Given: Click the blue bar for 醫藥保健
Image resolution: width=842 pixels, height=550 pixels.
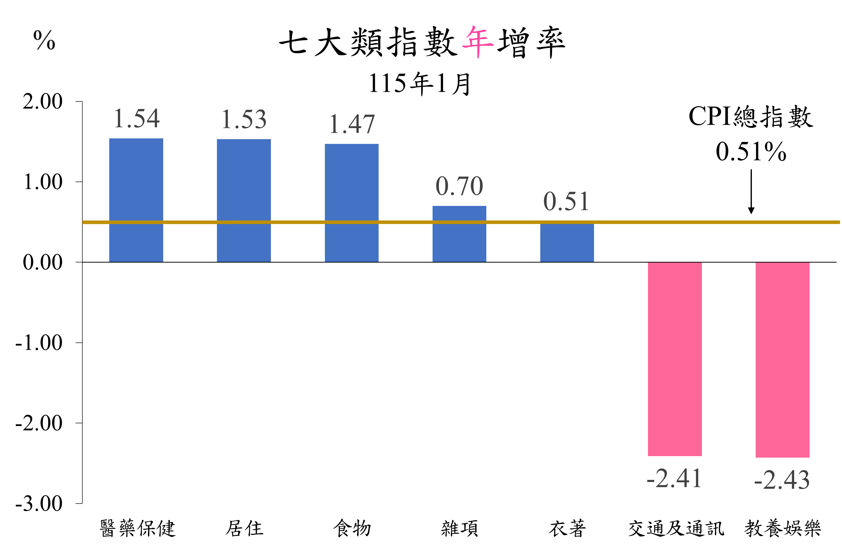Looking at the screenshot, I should coord(136,200).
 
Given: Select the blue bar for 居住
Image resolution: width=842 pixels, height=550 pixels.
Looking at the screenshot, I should coord(244,201).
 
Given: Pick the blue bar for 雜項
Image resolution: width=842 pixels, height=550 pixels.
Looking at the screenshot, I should coord(459,234).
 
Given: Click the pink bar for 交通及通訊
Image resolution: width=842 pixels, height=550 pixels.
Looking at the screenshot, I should coord(675,359).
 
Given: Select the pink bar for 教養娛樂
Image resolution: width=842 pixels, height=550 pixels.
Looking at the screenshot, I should coord(783,360).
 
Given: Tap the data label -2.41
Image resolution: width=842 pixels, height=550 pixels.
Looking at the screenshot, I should coord(674,478).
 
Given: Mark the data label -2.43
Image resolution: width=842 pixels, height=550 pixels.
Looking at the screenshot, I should coord(782,480).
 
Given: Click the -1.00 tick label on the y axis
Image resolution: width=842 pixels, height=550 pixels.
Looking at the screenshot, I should coord(39,343).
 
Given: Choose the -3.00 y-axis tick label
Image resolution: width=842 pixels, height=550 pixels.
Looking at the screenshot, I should coord(39,503).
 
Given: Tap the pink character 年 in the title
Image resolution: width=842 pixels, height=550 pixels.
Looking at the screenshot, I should coord(478,42).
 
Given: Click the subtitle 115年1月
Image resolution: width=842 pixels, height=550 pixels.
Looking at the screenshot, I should coord(420,84).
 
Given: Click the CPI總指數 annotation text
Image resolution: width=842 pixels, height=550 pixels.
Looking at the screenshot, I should coord(751,116).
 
